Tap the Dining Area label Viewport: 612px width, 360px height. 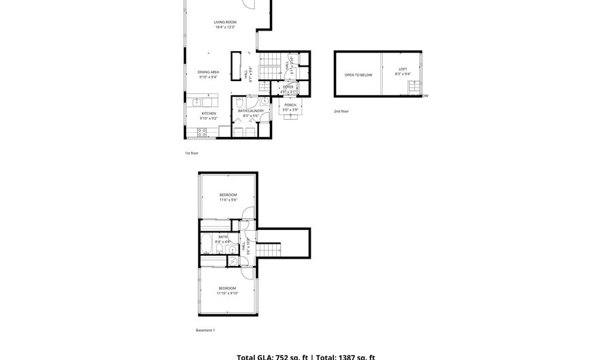(x=208, y=74)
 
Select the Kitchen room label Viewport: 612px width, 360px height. (x=208, y=116)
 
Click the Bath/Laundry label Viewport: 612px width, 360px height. (x=250, y=113)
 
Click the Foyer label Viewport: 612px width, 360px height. (x=288, y=88)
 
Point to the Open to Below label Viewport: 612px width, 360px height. (x=358, y=75)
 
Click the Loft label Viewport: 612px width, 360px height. (x=403, y=71)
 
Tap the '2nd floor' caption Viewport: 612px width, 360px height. (x=341, y=111)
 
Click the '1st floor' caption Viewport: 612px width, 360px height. (x=191, y=153)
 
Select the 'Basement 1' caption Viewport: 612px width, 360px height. (x=205, y=330)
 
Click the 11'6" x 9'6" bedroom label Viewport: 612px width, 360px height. (x=228, y=197)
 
